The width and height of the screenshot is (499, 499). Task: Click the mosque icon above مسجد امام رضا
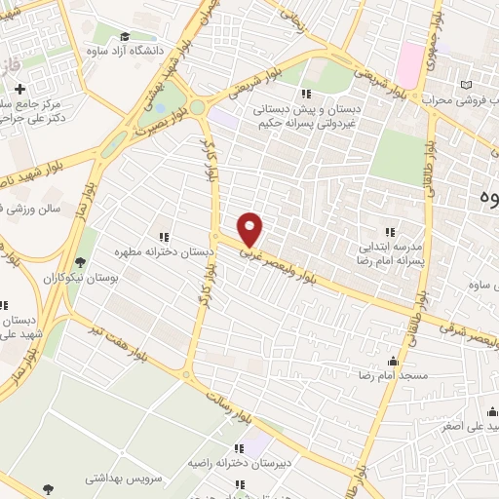click(393, 361)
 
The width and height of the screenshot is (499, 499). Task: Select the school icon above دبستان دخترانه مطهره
click(164, 236)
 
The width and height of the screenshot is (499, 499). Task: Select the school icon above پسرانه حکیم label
click(307, 95)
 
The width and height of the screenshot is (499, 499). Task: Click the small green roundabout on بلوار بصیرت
click(196, 107)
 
